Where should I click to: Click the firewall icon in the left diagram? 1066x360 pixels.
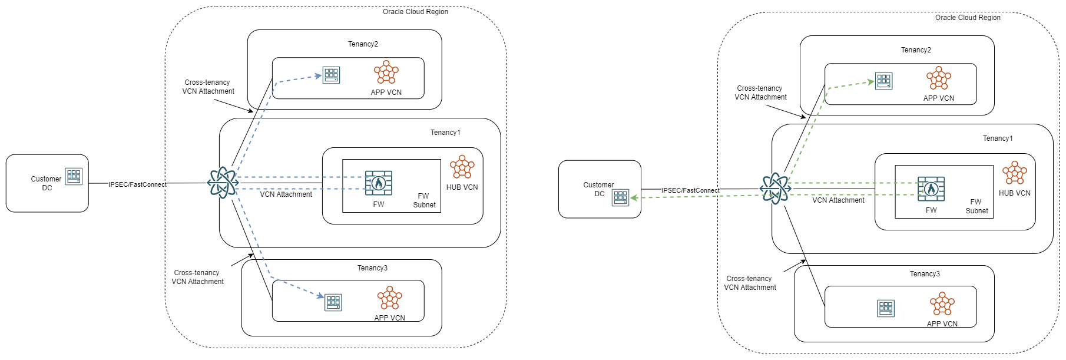378,183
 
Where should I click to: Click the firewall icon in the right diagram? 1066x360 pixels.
931,189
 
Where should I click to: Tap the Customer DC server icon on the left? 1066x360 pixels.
74,176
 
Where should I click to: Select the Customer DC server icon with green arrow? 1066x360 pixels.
621,197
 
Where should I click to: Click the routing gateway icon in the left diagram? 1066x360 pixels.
223,183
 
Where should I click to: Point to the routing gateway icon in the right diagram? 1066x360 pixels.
775,189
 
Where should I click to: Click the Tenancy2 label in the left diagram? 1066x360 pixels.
363,44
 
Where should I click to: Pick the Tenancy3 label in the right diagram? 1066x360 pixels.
925,274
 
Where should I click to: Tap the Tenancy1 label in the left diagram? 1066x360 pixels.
445,133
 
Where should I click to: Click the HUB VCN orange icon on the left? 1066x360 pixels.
462,167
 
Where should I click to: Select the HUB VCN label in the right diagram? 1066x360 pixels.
1015,193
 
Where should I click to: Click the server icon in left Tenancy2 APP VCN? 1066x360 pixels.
332,75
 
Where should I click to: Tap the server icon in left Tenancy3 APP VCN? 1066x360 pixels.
333,302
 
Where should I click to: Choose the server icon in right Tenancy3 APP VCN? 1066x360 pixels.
886,308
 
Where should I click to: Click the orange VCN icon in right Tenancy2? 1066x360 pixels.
939,78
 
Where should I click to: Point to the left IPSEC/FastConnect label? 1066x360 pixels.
137,184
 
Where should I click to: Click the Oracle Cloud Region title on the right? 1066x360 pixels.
968,18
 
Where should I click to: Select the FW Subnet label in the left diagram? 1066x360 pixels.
424,200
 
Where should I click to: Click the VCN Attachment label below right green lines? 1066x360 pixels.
838,200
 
